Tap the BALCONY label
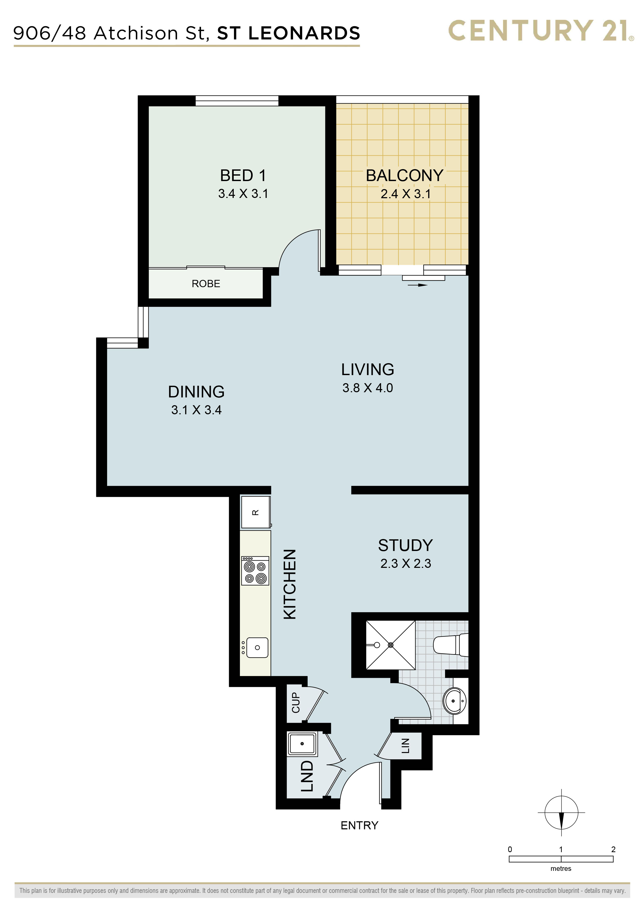pos(404,176)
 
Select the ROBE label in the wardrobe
pos(206,284)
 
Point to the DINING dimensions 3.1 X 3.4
pos(197,410)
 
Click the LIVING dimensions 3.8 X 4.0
pos(368,388)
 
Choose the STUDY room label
pos(405,545)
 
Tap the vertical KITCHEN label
pos(290,584)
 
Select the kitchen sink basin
pos(257,648)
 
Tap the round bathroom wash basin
pos(454,701)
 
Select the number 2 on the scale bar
pos(613,849)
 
